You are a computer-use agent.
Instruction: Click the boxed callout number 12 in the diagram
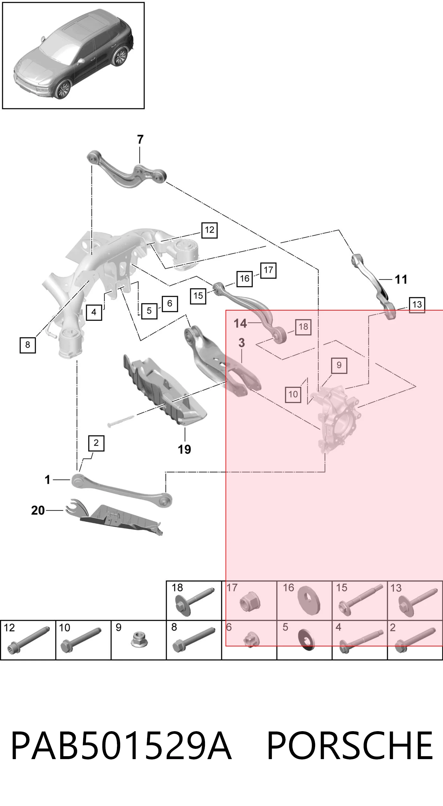point(209,230)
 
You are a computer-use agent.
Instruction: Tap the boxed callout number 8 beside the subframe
point(28,345)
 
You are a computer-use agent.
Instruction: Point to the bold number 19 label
point(184,449)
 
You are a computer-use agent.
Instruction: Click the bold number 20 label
point(38,510)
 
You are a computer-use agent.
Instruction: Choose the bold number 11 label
point(401,279)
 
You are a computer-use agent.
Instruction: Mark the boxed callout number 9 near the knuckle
point(339,365)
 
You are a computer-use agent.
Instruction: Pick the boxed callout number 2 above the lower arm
point(96,443)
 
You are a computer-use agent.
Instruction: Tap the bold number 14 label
point(240,323)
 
